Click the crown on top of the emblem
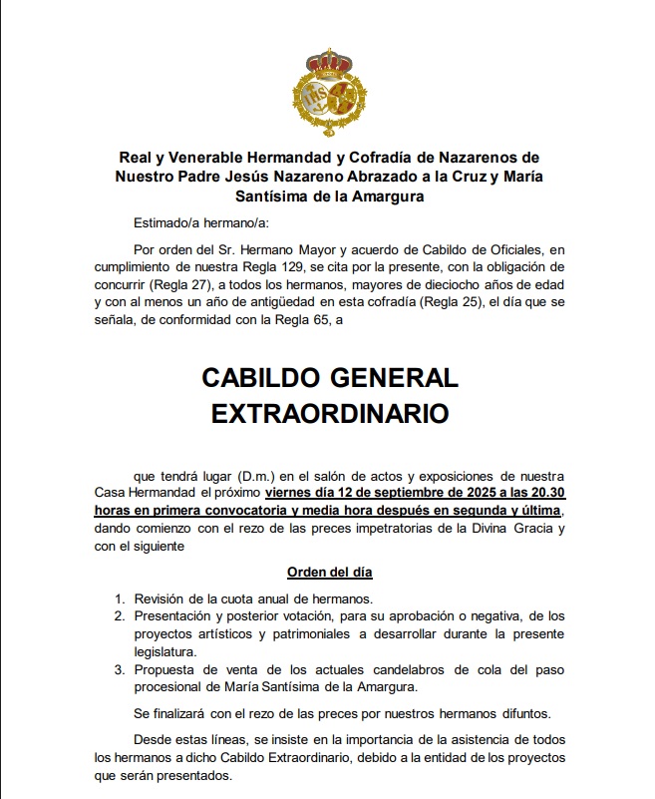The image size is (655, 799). point(327,61)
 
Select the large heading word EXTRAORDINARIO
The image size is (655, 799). point(330,412)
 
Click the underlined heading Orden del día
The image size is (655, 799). point(330,573)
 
